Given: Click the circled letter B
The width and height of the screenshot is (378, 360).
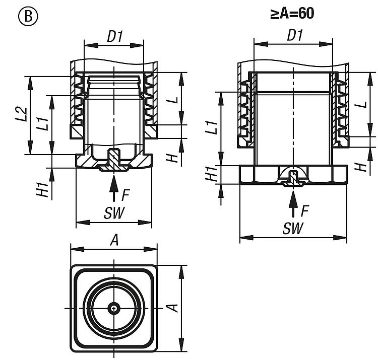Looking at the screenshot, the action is point(28,17).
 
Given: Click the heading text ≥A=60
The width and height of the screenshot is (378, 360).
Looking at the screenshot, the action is point(292,14).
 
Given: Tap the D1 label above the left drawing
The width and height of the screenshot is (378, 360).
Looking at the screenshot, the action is point(115,36).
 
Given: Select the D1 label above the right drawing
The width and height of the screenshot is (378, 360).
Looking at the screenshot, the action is point(295,35).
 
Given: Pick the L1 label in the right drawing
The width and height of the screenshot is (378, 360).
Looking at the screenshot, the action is point(212,127).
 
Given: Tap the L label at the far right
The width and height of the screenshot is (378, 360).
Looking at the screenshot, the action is point(361,105).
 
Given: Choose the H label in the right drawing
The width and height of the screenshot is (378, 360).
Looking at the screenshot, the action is point(361,167).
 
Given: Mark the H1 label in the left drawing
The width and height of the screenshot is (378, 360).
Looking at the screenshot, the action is point(43,190).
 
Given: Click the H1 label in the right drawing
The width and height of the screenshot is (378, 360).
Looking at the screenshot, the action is point(211,174).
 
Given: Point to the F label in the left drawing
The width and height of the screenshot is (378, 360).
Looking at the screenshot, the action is point(125,195).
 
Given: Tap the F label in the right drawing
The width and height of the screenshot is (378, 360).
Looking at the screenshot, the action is point(305,211).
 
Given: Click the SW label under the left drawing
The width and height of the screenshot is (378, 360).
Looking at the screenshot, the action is point(114,213).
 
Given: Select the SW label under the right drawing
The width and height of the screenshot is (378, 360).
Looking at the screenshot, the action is point(293,228).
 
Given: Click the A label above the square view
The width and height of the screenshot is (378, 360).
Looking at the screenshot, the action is point(114,240).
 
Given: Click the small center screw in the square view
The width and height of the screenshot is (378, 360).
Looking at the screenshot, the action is point(114,308).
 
